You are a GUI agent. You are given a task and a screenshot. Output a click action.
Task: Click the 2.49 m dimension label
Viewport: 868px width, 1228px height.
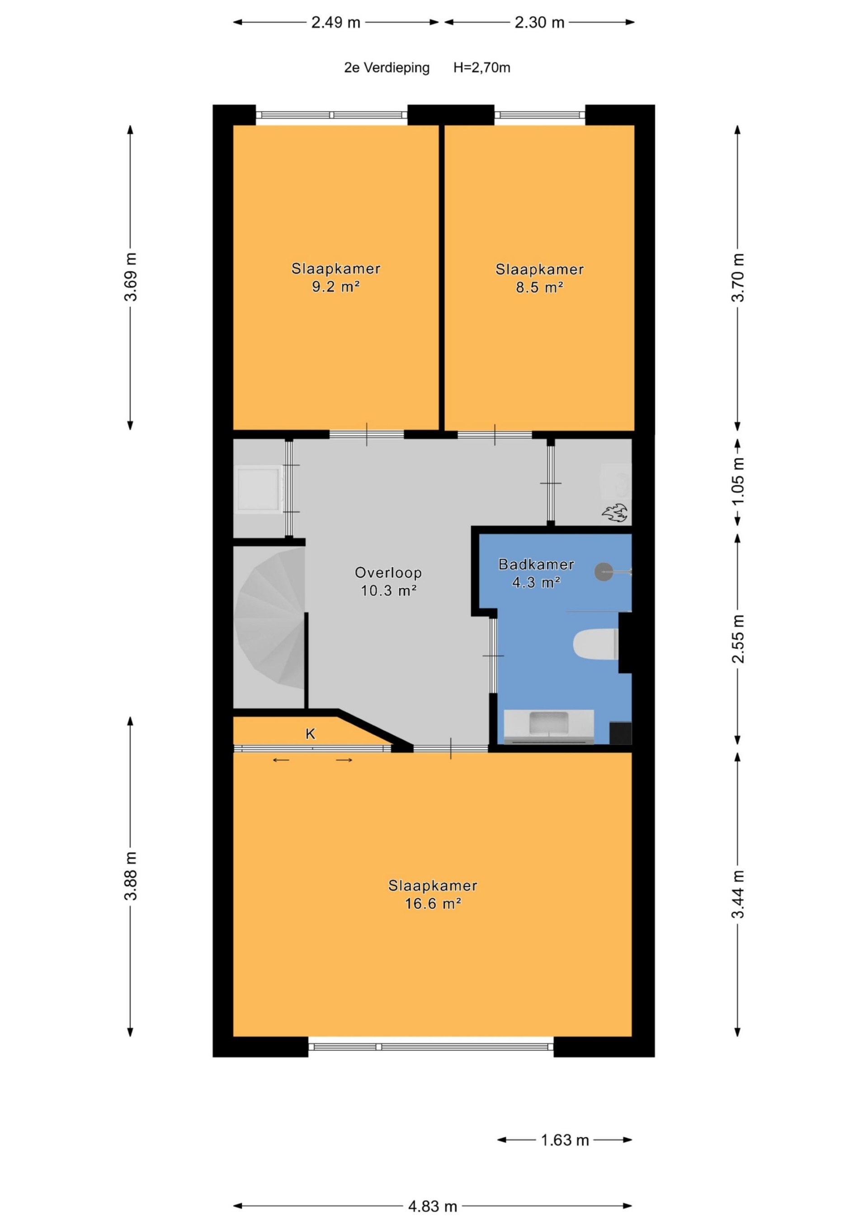336,23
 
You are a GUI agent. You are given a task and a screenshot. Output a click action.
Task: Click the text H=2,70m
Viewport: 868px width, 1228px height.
482,68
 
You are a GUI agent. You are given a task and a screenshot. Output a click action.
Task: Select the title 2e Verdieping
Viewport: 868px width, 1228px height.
387,68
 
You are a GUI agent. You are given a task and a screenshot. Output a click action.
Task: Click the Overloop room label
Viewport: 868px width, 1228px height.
388,573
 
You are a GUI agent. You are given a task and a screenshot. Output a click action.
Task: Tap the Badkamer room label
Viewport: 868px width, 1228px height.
537,564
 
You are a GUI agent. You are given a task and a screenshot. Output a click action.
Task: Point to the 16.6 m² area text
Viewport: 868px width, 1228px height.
433,903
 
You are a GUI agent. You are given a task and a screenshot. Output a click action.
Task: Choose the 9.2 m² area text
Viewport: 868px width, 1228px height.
336,287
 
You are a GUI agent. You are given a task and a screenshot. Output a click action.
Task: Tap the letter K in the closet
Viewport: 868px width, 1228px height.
310,734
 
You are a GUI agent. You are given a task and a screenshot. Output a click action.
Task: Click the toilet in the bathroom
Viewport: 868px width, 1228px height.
596,644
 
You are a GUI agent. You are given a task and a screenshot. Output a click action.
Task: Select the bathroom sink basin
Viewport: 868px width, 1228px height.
549,723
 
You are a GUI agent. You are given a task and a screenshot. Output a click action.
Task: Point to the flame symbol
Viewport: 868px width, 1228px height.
615,512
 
